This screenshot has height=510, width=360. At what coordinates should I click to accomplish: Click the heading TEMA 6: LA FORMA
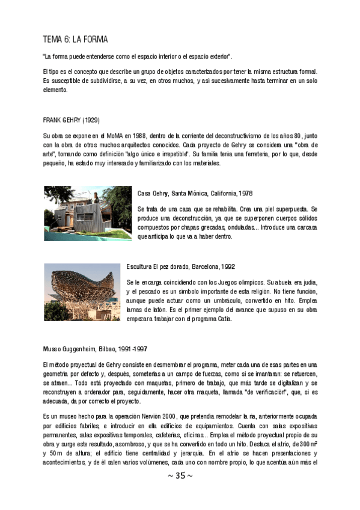(x=76, y=40)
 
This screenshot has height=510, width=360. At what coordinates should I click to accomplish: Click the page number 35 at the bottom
(x=180, y=476)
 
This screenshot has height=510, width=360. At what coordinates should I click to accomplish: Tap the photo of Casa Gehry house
(x=88, y=214)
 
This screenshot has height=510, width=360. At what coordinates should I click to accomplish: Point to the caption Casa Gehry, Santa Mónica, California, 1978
(x=195, y=194)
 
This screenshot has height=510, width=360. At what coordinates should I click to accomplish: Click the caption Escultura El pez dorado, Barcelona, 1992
(x=181, y=266)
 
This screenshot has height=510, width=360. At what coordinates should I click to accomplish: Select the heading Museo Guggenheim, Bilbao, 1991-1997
(x=96, y=349)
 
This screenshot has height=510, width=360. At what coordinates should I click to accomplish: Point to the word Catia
(x=223, y=319)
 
